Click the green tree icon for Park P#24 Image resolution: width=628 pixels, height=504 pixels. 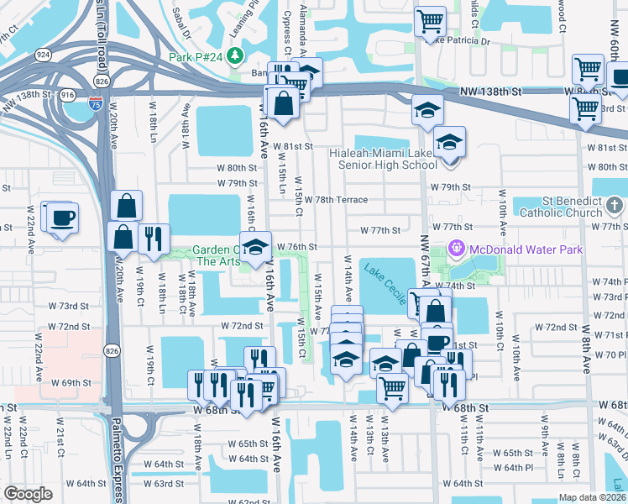coord(237,56)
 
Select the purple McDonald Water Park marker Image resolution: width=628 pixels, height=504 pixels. coord(457,249)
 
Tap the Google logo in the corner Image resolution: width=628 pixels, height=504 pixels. coord(28,494)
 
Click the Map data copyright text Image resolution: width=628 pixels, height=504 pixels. coord(593,497)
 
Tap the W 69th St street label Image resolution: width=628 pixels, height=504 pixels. coord(71,382)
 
